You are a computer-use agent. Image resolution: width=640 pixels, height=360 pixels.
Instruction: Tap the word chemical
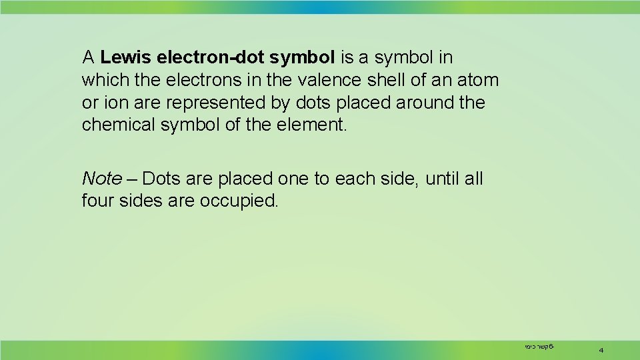click(119, 125)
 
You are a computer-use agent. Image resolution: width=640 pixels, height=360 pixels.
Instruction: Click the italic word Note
click(101, 179)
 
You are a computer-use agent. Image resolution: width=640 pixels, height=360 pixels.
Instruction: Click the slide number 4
click(601, 349)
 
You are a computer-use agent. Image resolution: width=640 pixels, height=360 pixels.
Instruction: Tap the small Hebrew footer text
click(539, 347)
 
